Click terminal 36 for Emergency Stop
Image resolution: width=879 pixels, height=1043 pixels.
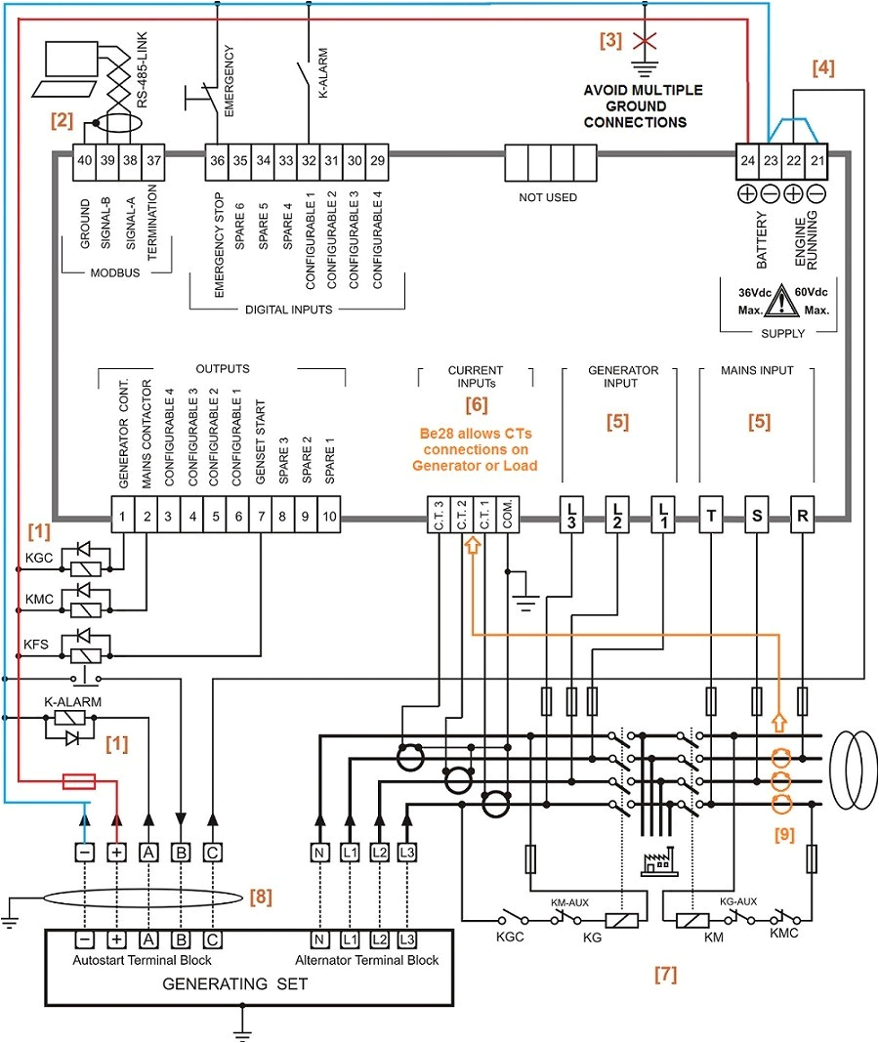[x=216, y=161]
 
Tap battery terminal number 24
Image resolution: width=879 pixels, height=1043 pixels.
[x=747, y=161]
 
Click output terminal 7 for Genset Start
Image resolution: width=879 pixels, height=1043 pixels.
[x=262, y=516]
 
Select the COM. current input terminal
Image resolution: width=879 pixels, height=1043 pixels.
[x=508, y=516]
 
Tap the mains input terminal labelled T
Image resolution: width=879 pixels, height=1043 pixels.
[x=711, y=514]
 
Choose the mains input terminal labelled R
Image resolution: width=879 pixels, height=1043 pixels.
[x=802, y=514]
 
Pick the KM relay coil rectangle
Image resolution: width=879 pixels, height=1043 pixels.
[x=691, y=919]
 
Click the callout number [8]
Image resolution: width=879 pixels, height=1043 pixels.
[x=261, y=896]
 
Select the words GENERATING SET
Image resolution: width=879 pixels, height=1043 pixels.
[x=234, y=983]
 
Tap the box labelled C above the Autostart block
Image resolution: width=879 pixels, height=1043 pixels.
[x=211, y=852]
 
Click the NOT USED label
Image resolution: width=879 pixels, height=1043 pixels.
[x=548, y=197]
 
